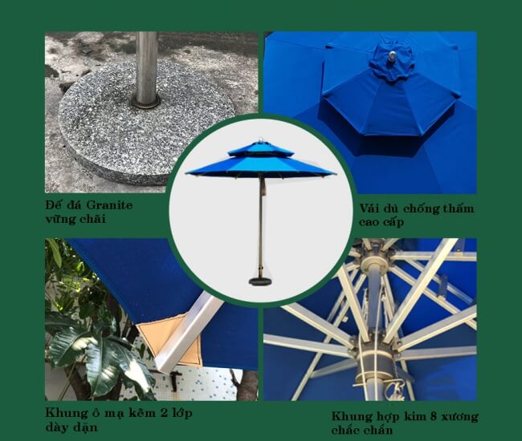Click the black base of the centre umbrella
coord(261,281)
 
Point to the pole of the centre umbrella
coord(261,225)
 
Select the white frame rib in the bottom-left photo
coord(189,329)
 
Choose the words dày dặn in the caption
coord(72,428)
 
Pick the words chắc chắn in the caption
coord(365,431)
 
